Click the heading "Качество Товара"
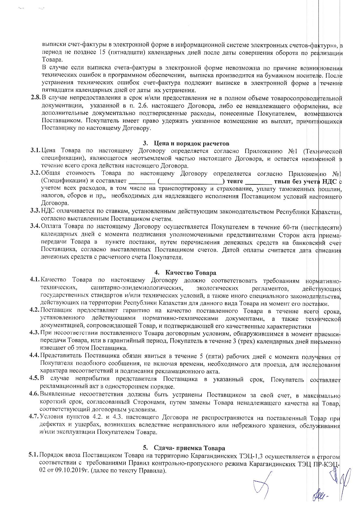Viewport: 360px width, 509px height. (191, 273)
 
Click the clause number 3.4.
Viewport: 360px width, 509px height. (35, 226)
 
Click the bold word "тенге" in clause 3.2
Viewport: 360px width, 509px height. (235, 181)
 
